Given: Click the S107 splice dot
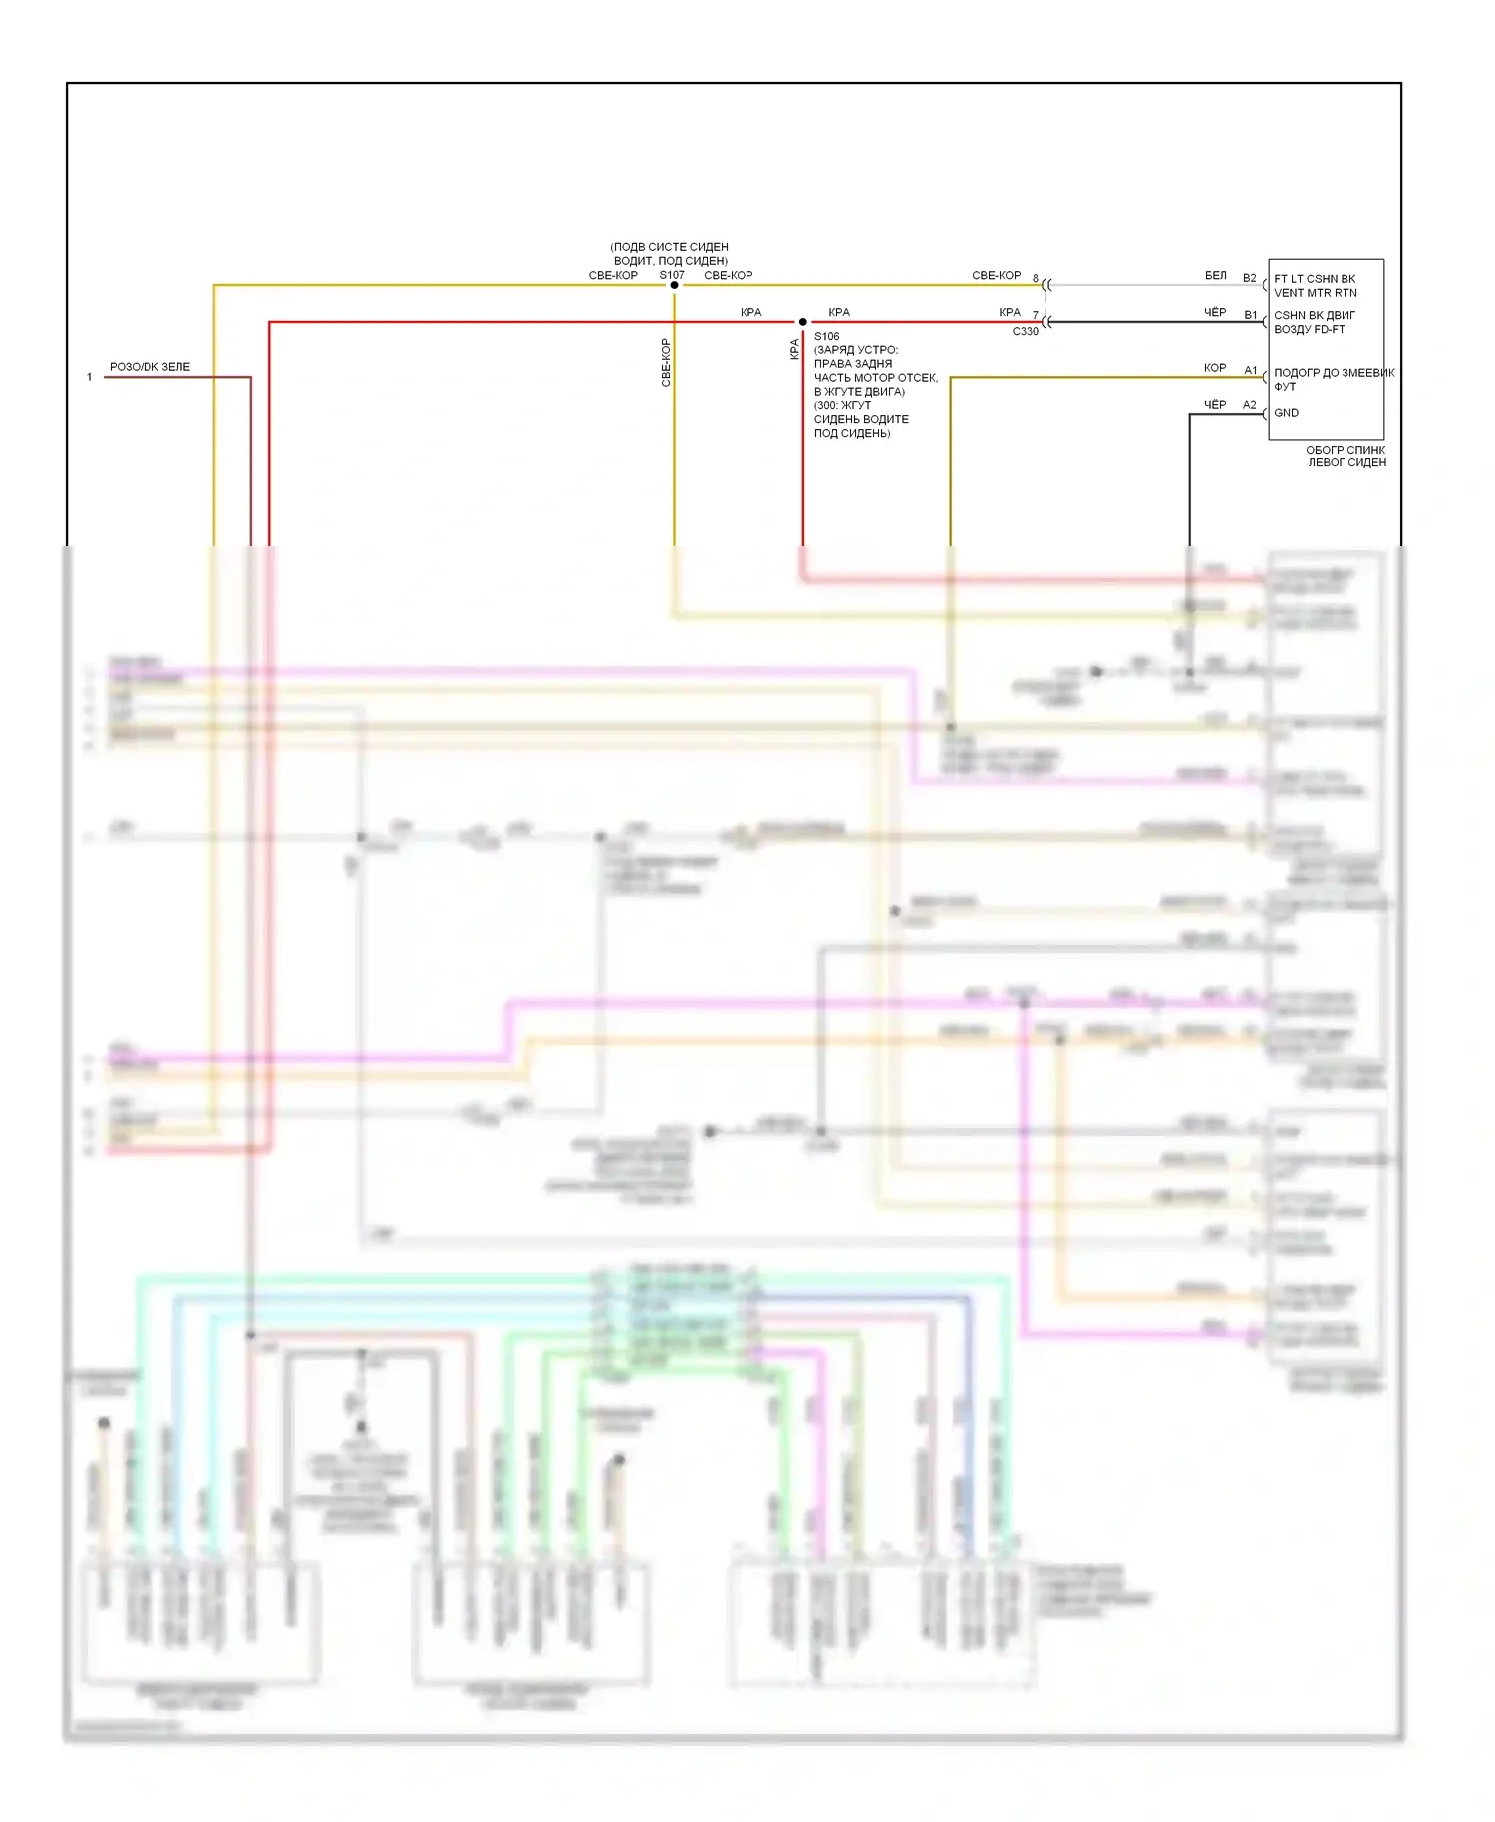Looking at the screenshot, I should pos(674,285).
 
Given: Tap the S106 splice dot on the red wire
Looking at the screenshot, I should pos(802,322).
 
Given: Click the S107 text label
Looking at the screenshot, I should pos(672,275).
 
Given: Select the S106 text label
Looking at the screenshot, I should pos(826,337).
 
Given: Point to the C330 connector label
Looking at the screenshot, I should pos(1025,332).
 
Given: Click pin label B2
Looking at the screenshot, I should pos(1249,278).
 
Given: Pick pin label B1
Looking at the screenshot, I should pos(1250,315).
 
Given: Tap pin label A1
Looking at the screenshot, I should pos(1250,370).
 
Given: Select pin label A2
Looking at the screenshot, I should pos(1249,405).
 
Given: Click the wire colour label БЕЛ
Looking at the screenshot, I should pos(1215,276).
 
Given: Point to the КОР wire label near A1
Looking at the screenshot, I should pos(1214,368).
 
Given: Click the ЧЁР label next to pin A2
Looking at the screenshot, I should pos(1214,405).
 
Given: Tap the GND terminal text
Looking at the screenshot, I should pos(1286,413).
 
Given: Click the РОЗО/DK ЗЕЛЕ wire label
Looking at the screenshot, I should pos(149,367).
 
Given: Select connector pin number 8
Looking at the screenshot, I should pos(1035,279).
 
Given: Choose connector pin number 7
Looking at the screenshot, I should pos(1035,315).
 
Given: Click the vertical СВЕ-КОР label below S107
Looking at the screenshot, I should pos(666,362).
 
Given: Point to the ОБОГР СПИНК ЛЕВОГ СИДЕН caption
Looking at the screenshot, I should pos(1345,456).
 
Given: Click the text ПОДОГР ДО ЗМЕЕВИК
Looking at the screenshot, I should pos(1334,373).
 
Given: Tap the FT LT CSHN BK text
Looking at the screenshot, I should pos(1315,279).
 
